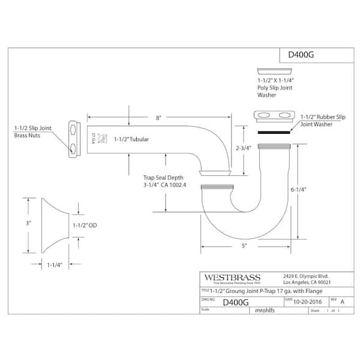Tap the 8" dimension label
(158, 119)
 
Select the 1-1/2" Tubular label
(131, 139)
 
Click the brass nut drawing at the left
(74, 139)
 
